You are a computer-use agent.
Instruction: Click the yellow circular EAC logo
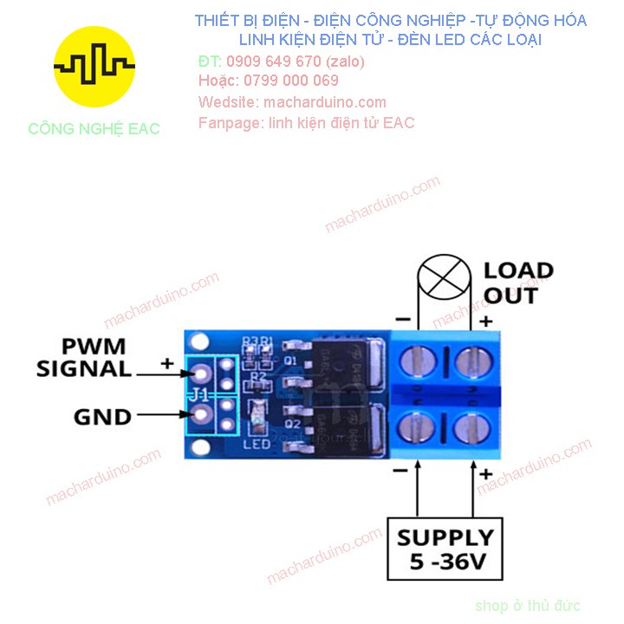pyautogui.click(x=94, y=67)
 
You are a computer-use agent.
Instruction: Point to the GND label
pyautogui.click(x=101, y=417)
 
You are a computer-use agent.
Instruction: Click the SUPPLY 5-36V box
pyautogui.click(x=445, y=549)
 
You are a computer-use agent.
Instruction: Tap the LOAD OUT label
pyautogui.click(x=517, y=283)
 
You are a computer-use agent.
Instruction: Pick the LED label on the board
pyautogui.click(x=258, y=445)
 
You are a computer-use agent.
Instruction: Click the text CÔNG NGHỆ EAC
pyautogui.click(x=94, y=129)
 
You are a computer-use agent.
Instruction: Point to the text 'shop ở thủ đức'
pyautogui.click(x=528, y=606)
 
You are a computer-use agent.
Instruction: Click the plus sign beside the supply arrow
pyautogui.click(x=486, y=474)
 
